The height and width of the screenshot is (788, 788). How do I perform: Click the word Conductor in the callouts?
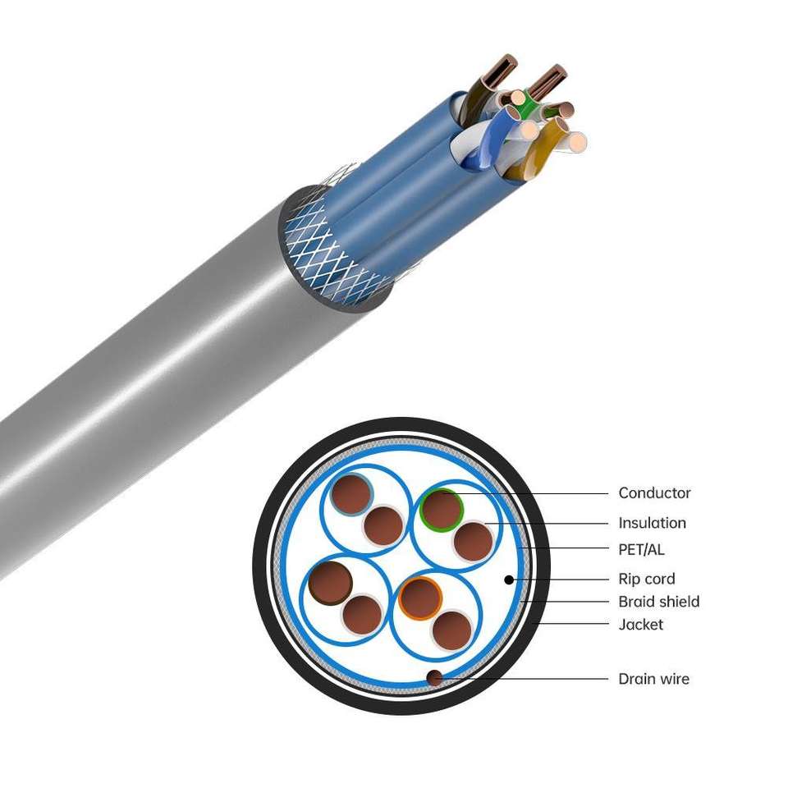[654, 493]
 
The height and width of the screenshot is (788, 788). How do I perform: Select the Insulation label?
[652, 523]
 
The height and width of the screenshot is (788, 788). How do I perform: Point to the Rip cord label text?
[647, 579]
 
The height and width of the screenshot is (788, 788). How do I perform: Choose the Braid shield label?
[658, 602]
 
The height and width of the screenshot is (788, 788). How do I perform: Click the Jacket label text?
[640, 625]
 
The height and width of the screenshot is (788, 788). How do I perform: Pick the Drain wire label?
[653, 679]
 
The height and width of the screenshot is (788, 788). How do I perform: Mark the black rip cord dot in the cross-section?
[509, 580]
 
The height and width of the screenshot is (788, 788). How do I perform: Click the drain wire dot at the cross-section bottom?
[433, 677]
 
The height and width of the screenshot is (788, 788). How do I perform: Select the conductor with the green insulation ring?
[442, 509]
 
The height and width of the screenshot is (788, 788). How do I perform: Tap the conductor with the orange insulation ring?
[420, 598]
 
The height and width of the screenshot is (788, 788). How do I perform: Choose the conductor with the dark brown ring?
[331, 582]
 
